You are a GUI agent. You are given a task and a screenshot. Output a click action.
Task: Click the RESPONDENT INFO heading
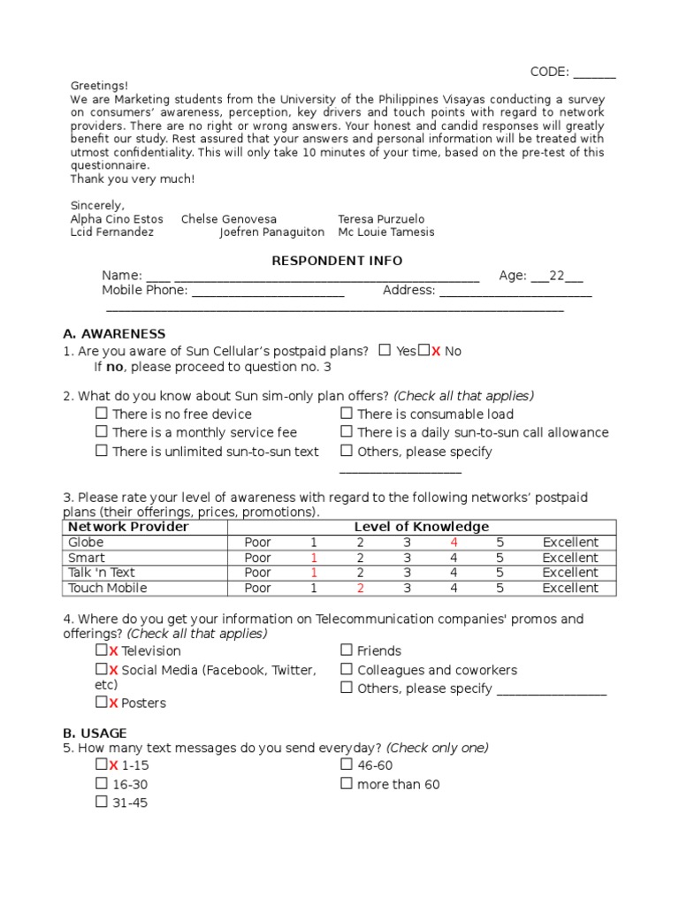[336, 261]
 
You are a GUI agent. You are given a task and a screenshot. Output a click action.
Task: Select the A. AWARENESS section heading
[114, 333]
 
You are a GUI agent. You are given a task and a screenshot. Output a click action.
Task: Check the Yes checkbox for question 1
[385, 350]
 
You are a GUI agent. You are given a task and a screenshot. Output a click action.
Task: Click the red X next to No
[436, 351]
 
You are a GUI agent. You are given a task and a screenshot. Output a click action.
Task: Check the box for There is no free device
[102, 414]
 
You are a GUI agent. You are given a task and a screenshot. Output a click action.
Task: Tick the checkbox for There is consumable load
[347, 414]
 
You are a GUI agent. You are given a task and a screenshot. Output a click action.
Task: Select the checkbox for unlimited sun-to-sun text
[102, 451]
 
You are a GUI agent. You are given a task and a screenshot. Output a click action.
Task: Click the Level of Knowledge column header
[421, 527]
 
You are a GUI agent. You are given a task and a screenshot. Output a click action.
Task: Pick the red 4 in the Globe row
[454, 543]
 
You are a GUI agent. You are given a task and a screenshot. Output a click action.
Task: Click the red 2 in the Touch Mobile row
[360, 588]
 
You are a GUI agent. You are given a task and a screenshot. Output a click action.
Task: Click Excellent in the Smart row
[570, 558]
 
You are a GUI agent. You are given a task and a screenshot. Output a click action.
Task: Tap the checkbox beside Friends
[347, 650]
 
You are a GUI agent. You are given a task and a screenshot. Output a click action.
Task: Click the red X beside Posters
[113, 703]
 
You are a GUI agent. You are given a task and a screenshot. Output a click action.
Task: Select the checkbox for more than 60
[347, 784]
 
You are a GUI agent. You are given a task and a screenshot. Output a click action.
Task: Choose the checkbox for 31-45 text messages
[102, 802]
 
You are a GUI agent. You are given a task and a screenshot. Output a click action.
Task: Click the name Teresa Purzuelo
[381, 219]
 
